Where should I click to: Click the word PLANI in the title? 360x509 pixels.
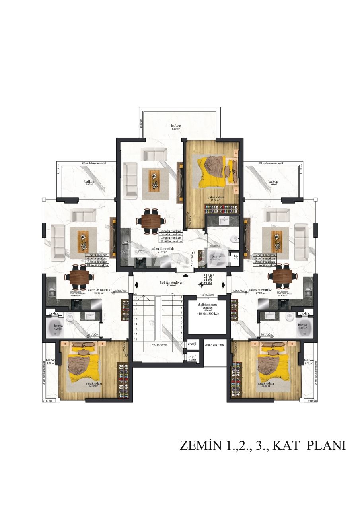point(326,445)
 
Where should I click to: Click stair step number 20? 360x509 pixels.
point(136,294)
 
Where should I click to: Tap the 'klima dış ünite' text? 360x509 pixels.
point(215,345)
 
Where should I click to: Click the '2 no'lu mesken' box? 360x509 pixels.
point(170,231)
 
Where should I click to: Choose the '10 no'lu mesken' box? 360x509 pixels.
point(97,265)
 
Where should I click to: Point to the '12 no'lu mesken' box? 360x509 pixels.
point(264,265)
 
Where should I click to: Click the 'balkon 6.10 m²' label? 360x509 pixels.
point(175,127)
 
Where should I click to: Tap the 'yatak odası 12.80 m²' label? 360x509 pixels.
point(214,199)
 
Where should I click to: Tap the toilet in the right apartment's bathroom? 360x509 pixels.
point(290,317)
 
